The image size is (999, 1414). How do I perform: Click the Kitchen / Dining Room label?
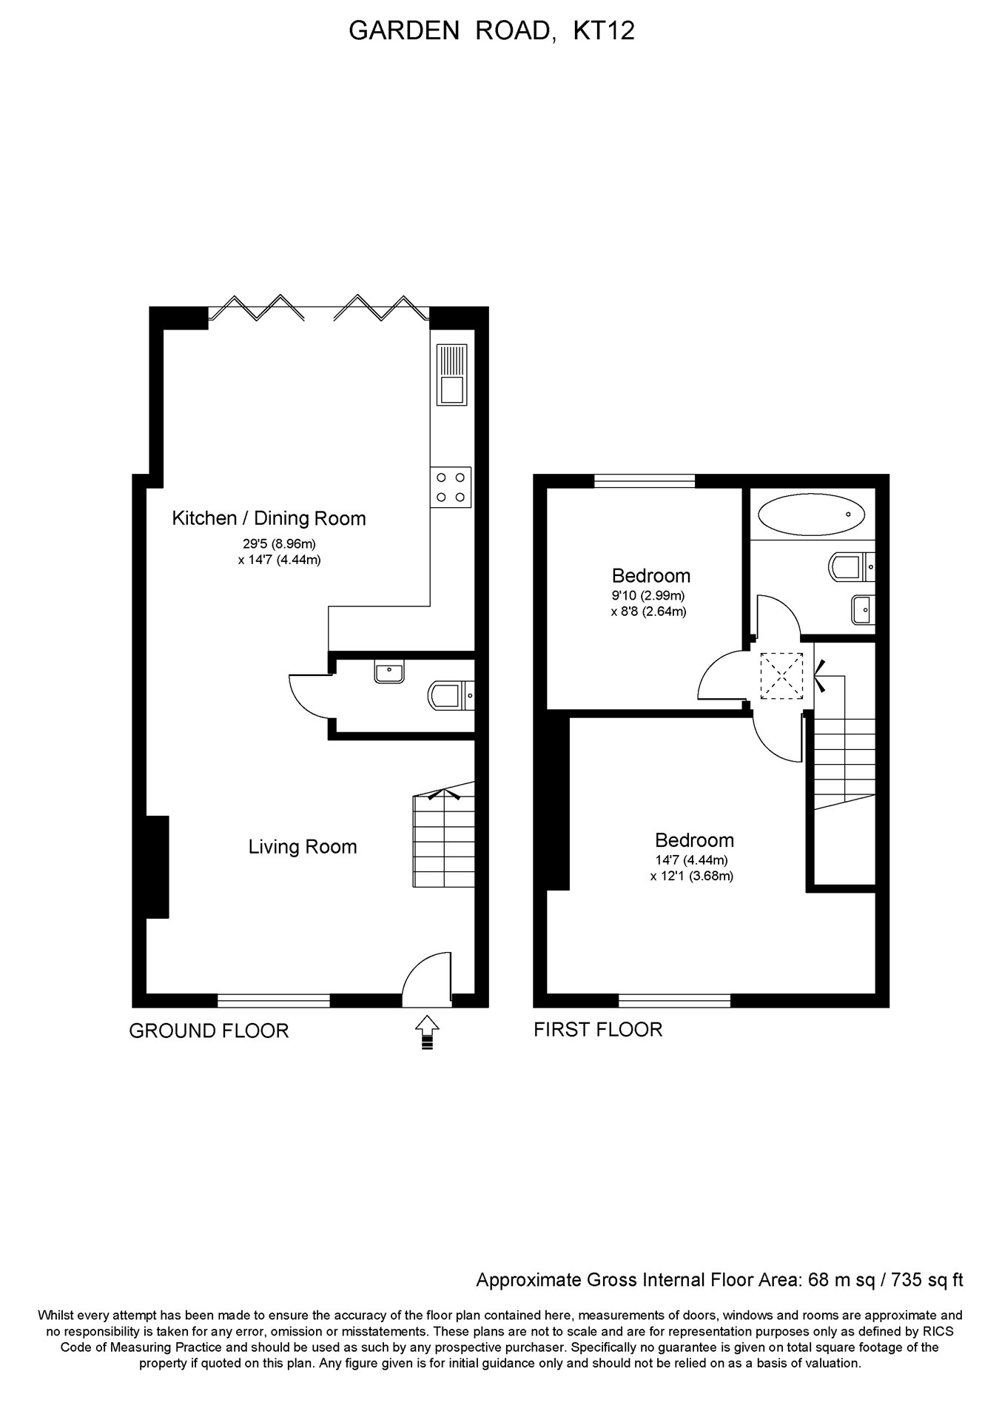[269, 518]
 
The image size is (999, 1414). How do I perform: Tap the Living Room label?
[303, 847]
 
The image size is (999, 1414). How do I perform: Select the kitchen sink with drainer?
[451, 375]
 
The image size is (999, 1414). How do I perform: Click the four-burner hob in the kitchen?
[451, 487]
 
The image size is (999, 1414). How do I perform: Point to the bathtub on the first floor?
[811, 515]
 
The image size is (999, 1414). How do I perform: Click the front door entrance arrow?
[427, 1032]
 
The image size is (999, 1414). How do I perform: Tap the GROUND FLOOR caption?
[209, 1031]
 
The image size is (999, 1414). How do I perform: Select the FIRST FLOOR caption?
[598, 1029]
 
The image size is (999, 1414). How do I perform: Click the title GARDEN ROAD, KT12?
[491, 31]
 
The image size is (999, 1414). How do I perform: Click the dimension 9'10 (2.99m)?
[648, 595]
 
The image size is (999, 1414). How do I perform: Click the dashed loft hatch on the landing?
[781, 674]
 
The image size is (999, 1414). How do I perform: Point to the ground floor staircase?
[444, 840]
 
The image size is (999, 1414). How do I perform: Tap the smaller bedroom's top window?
[645, 481]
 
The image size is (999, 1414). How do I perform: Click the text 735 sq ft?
[927, 1280]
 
